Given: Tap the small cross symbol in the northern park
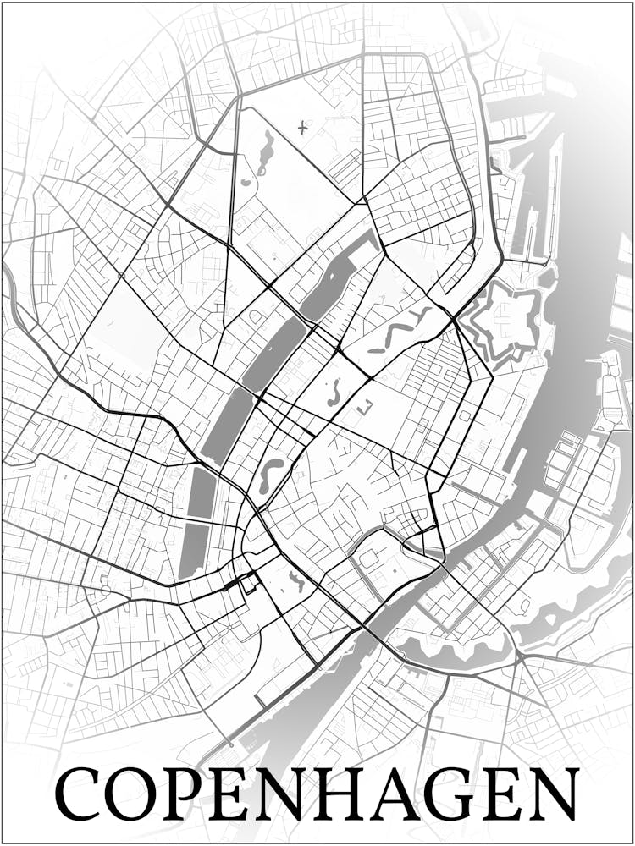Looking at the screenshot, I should coord(303,128).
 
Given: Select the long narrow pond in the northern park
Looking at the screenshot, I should coord(266,152).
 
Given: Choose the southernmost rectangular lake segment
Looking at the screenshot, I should coord(193,550).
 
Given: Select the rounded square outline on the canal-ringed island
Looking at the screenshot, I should coord(368,558).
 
